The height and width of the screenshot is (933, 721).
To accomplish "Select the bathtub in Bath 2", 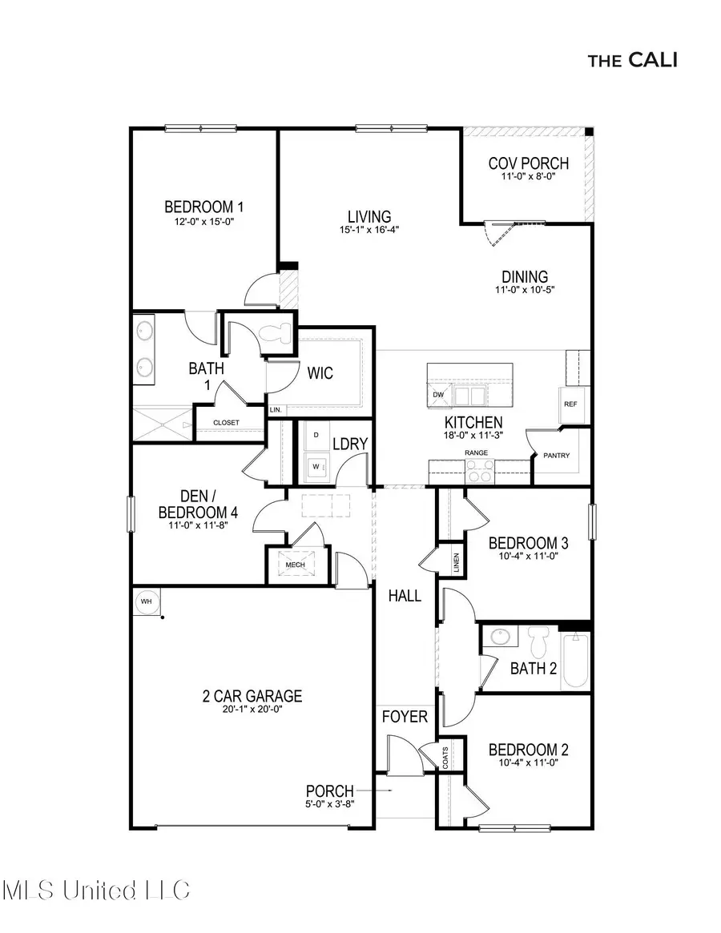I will pyautogui.click(x=576, y=661).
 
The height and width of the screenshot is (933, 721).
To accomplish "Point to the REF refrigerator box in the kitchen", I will pyautogui.click(x=571, y=404).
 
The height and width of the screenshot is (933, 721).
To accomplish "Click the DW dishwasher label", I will pyautogui.click(x=438, y=395).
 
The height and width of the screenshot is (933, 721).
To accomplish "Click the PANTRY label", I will pyautogui.click(x=557, y=456).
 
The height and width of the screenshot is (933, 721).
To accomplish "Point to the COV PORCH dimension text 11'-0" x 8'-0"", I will pyautogui.click(x=528, y=176).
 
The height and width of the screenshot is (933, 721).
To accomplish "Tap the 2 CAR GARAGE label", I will pyautogui.click(x=252, y=696).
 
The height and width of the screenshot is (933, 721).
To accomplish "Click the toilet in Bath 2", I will pyautogui.click(x=538, y=641).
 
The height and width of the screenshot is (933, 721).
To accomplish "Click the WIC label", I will pyautogui.click(x=320, y=373).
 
